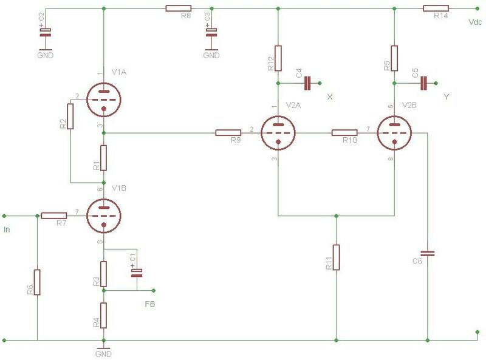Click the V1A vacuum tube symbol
pos(104,98)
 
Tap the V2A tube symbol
pos(278,132)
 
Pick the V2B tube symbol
pos(394,132)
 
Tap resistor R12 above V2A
pos(278,57)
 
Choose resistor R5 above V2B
pos(394,57)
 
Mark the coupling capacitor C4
pos(307,83)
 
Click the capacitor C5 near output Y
pos(424,83)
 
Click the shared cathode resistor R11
pos(336,257)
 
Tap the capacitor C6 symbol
pos(428,252)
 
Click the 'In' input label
pos(7,229)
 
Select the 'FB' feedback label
pos(149,304)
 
